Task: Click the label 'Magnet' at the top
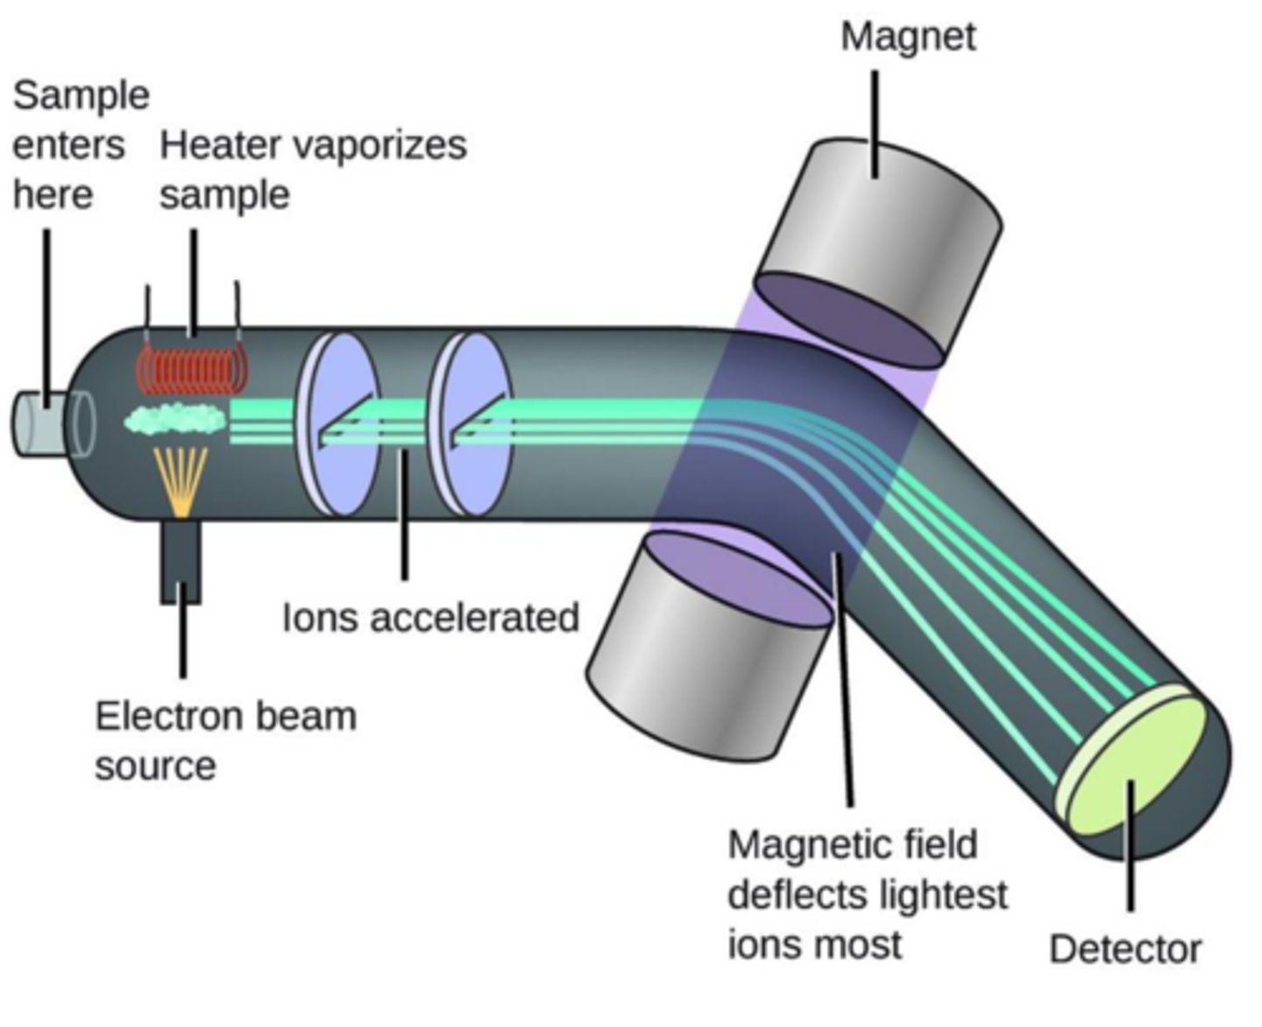(x=907, y=37)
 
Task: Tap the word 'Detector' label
(x=1125, y=949)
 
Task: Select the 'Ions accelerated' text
(x=430, y=617)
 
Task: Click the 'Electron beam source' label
(x=225, y=740)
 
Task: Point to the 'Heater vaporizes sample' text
(x=312, y=169)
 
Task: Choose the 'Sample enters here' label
(x=79, y=145)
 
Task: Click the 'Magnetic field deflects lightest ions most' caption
(x=867, y=895)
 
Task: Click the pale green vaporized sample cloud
(x=175, y=420)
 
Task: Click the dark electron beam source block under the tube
(x=181, y=561)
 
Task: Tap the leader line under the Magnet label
(x=875, y=123)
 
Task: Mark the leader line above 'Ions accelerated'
(x=404, y=517)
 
